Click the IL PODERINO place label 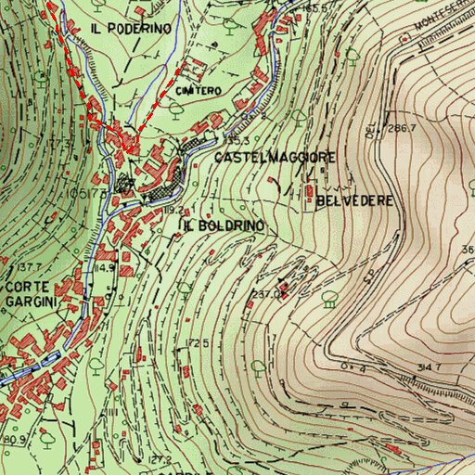click(131, 29)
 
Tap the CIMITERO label click(199, 91)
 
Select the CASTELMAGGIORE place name click(275, 158)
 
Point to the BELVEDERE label click(355, 200)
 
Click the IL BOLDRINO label click(224, 225)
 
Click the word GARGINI click(30, 302)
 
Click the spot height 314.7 click(429, 368)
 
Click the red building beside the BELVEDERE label click(309, 192)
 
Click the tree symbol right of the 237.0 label click(329, 299)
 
